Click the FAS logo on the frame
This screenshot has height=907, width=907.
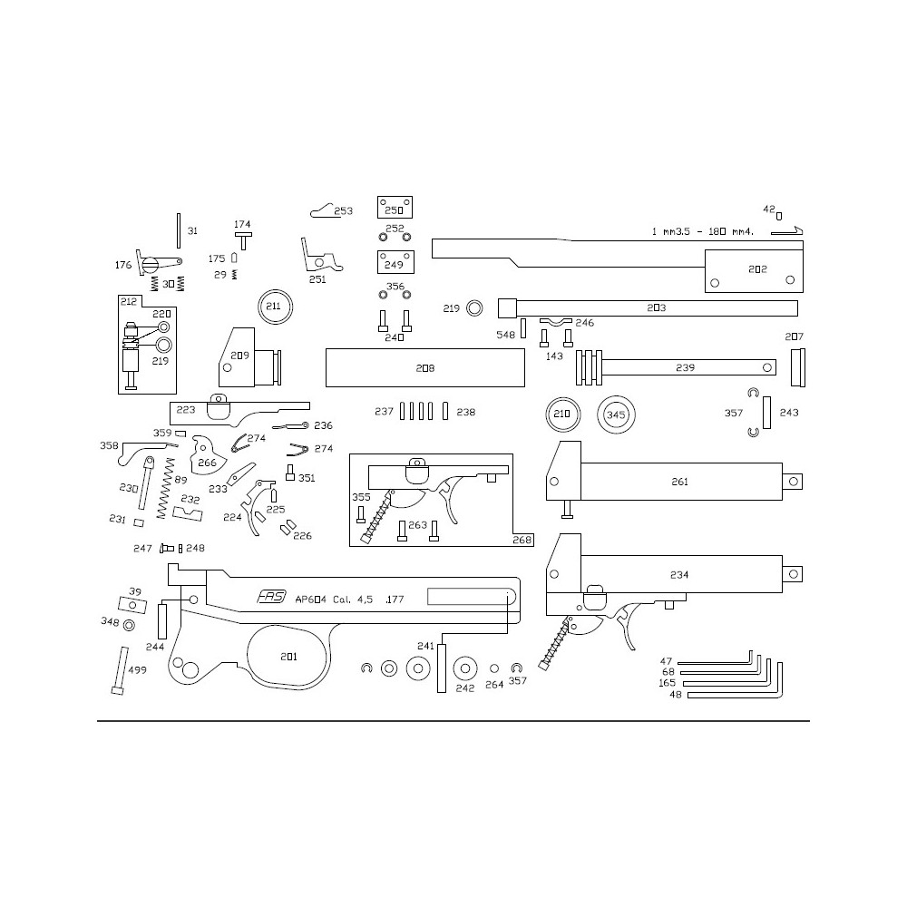pos(271,597)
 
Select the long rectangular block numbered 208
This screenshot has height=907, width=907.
pos(425,368)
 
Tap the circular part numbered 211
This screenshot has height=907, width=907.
pos(276,307)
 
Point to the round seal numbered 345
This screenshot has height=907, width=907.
pos(616,414)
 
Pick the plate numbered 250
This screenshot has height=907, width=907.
pos(395,207)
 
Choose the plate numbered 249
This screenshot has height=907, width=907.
pos(395,262)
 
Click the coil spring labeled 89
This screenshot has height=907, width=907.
pos(166,488)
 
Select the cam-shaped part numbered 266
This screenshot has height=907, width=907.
pos(206,455)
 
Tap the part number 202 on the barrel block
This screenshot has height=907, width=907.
pos(757,269)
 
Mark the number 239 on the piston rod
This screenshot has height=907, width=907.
pos(685,367)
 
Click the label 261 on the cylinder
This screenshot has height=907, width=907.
pos(679,482)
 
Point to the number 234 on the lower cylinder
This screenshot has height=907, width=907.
pos(679,574)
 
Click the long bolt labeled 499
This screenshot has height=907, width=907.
pos(120,670)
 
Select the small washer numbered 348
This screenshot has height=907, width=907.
pos(129,625)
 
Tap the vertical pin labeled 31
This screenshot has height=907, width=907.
pos(179,230)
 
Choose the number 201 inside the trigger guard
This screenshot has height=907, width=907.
pos(288,656)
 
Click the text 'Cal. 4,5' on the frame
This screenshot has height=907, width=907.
pos(353,600)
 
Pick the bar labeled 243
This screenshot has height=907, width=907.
pos(766,413)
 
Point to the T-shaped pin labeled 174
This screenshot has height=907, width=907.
pos(243,240)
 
